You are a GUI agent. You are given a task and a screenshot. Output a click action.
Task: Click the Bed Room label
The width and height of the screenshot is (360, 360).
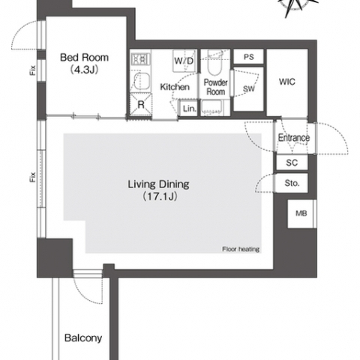[x=85, y=58]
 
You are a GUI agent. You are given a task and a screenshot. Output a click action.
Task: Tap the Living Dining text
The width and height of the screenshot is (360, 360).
[x=159, y=184]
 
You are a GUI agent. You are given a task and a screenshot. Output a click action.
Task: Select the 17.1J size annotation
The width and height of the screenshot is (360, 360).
[x=160, y=196]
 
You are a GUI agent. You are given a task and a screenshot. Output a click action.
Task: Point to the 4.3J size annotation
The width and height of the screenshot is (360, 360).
[x=84, y=70]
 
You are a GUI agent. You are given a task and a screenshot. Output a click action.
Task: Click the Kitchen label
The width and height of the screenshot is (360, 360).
[x=175, y=87]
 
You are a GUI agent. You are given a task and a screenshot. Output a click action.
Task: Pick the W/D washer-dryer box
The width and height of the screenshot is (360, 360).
[x=184, y=61]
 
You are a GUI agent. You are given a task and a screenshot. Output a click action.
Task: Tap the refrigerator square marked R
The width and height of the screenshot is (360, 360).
[x=141, y=104]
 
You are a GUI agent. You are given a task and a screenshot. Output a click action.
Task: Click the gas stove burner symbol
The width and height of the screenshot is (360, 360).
[x=140, y=59]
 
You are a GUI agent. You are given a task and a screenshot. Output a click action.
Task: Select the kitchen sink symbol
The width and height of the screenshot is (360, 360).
[x=141, y=82]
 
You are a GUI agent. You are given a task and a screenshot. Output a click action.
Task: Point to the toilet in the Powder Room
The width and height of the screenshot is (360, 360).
[x=215, y=62]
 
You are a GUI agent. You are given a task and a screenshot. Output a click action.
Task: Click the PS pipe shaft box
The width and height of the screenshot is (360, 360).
[x=248, y=57]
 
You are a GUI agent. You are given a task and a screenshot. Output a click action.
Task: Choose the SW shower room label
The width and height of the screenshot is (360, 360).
[x=249, y=88]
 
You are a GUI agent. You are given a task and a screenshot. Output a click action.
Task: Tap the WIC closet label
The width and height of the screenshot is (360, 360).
[x=287, y=82]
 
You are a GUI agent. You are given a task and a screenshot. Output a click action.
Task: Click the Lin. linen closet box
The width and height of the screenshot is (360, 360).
[x=189, y=108]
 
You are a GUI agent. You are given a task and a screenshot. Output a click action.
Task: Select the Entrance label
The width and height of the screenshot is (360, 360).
[x=294, y=137]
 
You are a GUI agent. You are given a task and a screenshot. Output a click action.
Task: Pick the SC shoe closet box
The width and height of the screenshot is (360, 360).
[x=292, y=163]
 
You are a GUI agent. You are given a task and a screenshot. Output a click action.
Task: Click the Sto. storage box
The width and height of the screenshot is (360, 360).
[x=292, y=183]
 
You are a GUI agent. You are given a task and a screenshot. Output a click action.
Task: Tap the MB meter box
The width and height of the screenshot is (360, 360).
[x=301, y=214]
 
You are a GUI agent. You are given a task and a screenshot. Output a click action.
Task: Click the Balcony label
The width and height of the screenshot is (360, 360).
[x=83, y=338]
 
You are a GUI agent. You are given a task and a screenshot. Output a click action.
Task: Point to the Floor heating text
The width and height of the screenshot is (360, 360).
[x=241, y=249]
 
